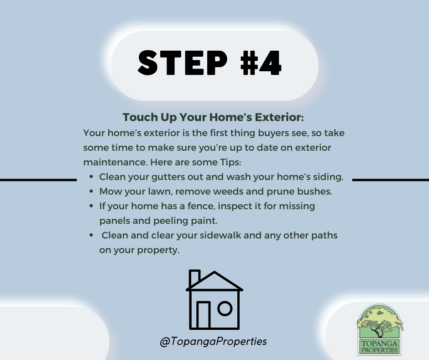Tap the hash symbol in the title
249,63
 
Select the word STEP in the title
183,63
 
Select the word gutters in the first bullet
167,177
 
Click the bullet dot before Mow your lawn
91,191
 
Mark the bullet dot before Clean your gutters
91,177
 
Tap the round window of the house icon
225,308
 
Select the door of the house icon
203,315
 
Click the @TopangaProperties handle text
213,342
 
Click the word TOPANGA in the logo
379,344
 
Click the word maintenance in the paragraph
115,162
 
